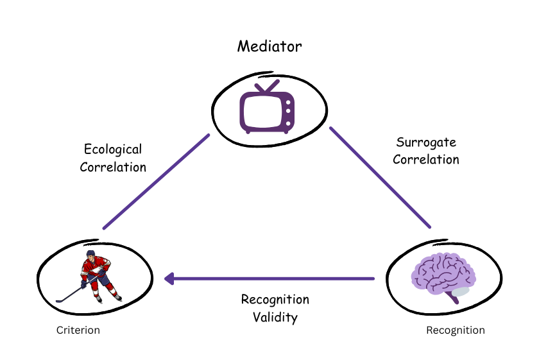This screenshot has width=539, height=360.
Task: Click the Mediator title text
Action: [269, 47]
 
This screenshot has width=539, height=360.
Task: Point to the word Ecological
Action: [113, 150]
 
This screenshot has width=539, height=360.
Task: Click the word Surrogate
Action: [426, 142]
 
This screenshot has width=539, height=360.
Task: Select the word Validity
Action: [275, 317]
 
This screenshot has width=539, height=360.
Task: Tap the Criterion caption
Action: [78, 330]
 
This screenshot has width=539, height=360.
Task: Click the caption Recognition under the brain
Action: [456, 330]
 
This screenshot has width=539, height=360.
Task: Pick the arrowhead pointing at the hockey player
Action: [169, 279]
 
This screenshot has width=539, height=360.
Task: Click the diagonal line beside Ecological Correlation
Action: [156, 181]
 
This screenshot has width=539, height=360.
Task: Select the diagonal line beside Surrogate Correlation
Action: [380, 177]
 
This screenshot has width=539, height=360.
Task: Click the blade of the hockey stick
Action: [60, 300]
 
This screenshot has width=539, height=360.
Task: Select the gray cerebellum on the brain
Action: [460, 291]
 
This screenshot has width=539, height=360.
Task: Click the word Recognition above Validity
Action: [275, 300]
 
